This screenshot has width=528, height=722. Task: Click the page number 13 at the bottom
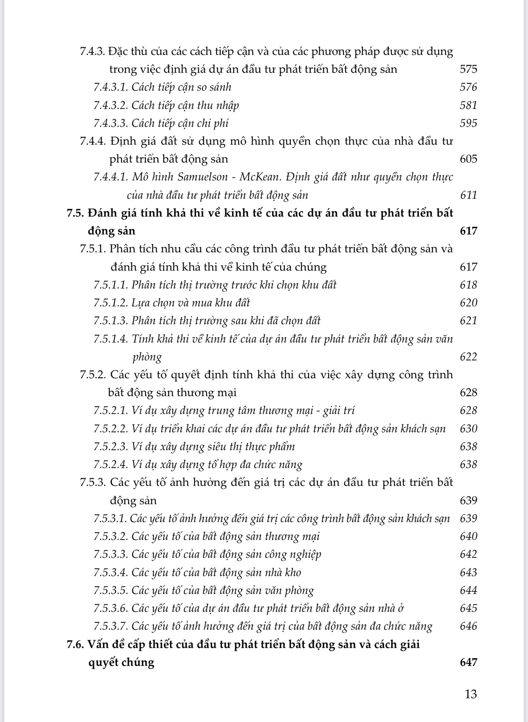pos(471,694)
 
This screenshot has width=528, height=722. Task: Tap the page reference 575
pos(468,69)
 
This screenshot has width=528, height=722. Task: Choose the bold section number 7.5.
pos(75,213)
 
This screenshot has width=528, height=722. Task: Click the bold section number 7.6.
pos(75,644)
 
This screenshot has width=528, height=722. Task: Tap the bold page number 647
pos(468,662)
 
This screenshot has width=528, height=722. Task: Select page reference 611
pos(468,195)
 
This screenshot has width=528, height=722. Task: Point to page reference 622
pos(468,357)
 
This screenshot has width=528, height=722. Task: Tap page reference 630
pos(468,428)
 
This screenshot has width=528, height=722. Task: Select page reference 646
pos(468,626)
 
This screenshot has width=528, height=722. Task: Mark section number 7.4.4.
pos(93,141)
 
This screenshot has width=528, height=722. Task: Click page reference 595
pos(468,123)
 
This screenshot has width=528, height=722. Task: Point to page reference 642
pos(468,554)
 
